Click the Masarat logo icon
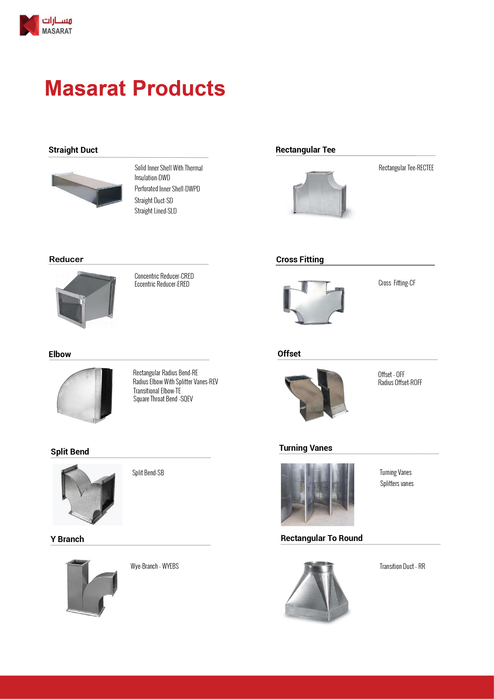click(x=29, y=25)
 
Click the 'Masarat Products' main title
click(x=135, y=88)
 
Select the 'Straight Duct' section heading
click(x=73, y=150)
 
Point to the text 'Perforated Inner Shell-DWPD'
click(x=167, y=189)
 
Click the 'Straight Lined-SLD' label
click(x=156, y=211)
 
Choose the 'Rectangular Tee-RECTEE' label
click(x=406, y=168)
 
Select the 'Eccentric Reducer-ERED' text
click(x=162, y=284)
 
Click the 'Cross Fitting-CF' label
click(x=397, y=283)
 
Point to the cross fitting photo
click(x=314, y=302)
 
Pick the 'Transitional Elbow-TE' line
click(x=157, y=391)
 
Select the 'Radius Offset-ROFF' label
click(x=400, y=383)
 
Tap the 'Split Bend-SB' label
click(x=148, y=473)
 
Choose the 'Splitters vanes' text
click(x=397, y=484)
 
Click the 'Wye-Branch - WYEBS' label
click(x=155, y=566)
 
